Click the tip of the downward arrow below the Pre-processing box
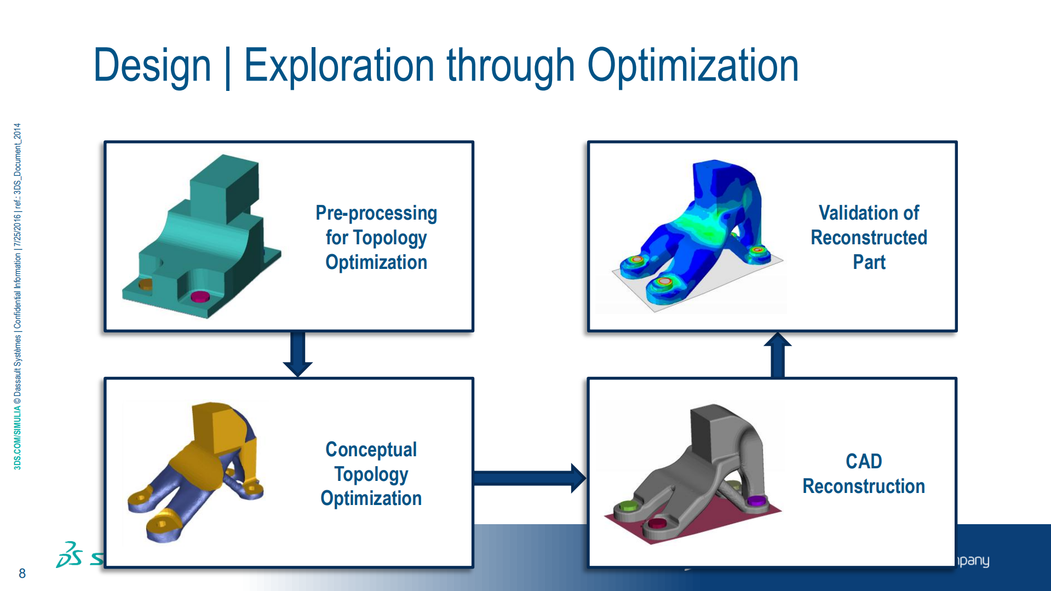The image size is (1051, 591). (x=298, y=377)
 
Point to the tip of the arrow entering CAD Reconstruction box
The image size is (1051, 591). (x=586, y=478)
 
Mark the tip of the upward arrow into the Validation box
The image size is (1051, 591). (x=778, y=333)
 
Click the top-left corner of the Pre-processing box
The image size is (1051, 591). (x=105, y=141)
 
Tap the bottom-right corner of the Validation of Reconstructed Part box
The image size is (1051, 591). (x=957, y=331)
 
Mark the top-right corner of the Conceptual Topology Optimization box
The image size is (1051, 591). (x=474, y=378)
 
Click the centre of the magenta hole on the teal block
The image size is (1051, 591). (x=200, y=297)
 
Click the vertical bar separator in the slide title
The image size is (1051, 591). (x=227, y=67)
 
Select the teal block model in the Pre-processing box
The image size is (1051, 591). (x=201, y=236)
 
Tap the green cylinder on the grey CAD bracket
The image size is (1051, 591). (x=628, y=506)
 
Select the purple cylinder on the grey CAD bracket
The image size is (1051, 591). (x=757, y=501)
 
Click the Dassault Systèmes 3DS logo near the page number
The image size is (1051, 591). (x=70, y=555)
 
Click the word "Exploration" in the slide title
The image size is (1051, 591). (x=339, y=66)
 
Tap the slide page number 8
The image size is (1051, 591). (x=22, y=573)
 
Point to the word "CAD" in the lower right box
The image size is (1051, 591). (x=864, y=461)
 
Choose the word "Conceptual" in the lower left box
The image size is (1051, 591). (x=371, y=449)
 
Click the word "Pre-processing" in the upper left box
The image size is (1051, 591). (x=376, y=214)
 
